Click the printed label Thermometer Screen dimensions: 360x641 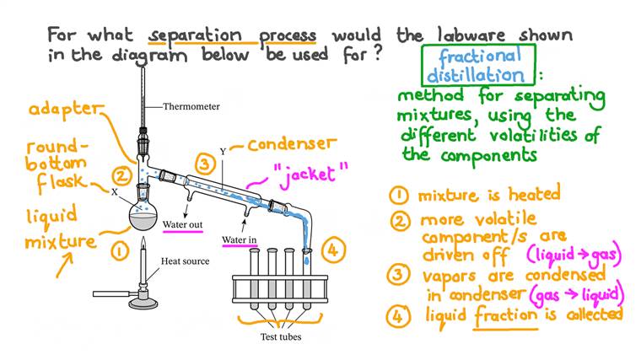tap(191, 107)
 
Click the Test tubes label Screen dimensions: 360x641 tap(278, 338)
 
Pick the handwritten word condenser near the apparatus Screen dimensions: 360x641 tap(292, 145)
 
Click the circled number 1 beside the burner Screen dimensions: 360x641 tap(121, 250)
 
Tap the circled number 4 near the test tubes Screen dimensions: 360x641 tap(334, 250)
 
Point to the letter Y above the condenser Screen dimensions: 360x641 tap(223, 153)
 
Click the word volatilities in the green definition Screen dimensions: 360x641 tap(539, 136)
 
